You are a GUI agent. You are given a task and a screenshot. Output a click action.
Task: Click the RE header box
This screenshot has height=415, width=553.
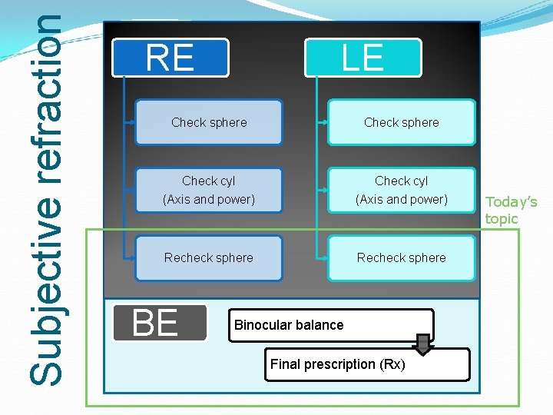171,58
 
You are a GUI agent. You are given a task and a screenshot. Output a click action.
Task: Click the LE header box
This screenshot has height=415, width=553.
363,58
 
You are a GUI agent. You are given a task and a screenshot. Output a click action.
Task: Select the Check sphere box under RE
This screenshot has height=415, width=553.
209,122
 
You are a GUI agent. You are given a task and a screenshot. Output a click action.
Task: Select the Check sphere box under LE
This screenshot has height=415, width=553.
402,122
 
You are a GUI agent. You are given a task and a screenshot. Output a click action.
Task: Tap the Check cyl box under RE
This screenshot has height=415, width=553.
209,190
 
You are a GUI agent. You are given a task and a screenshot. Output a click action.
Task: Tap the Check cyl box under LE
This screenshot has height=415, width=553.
402,190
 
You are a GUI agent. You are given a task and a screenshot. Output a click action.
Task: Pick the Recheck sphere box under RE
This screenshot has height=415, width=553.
209,257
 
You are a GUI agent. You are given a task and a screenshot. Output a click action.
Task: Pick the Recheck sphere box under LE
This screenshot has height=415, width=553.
402,257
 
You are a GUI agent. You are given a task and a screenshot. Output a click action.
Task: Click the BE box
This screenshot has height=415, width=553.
160,323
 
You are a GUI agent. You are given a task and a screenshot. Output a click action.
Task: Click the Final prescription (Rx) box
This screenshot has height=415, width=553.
369,364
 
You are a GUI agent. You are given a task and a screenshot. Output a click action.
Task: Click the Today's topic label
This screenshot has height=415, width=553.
511,211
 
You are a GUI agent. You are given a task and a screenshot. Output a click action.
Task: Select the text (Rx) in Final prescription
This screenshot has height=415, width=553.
392,364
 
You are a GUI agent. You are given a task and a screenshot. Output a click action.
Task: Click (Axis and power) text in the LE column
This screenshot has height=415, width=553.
402,200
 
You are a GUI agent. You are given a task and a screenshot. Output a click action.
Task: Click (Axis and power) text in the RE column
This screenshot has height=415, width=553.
209,200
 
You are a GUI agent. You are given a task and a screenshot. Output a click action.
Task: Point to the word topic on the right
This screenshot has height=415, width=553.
502,219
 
